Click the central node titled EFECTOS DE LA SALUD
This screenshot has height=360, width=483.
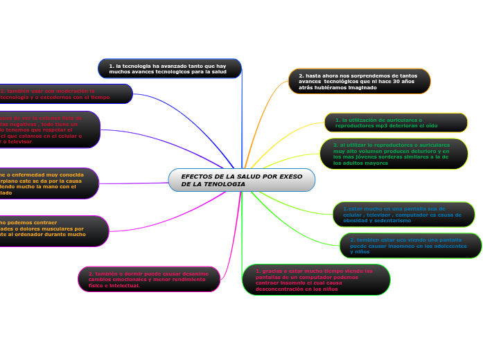241,180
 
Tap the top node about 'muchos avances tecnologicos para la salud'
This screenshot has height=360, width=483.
170,69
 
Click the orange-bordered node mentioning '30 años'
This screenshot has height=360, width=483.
359,82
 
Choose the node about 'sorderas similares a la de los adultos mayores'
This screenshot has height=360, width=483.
394,154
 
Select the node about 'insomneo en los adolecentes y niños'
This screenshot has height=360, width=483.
410,245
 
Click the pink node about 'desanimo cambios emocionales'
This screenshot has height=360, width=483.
149,279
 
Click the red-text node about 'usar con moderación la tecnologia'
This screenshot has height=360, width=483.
66,94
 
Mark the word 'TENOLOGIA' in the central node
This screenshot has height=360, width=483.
223,184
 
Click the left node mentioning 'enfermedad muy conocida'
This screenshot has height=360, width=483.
49,183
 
